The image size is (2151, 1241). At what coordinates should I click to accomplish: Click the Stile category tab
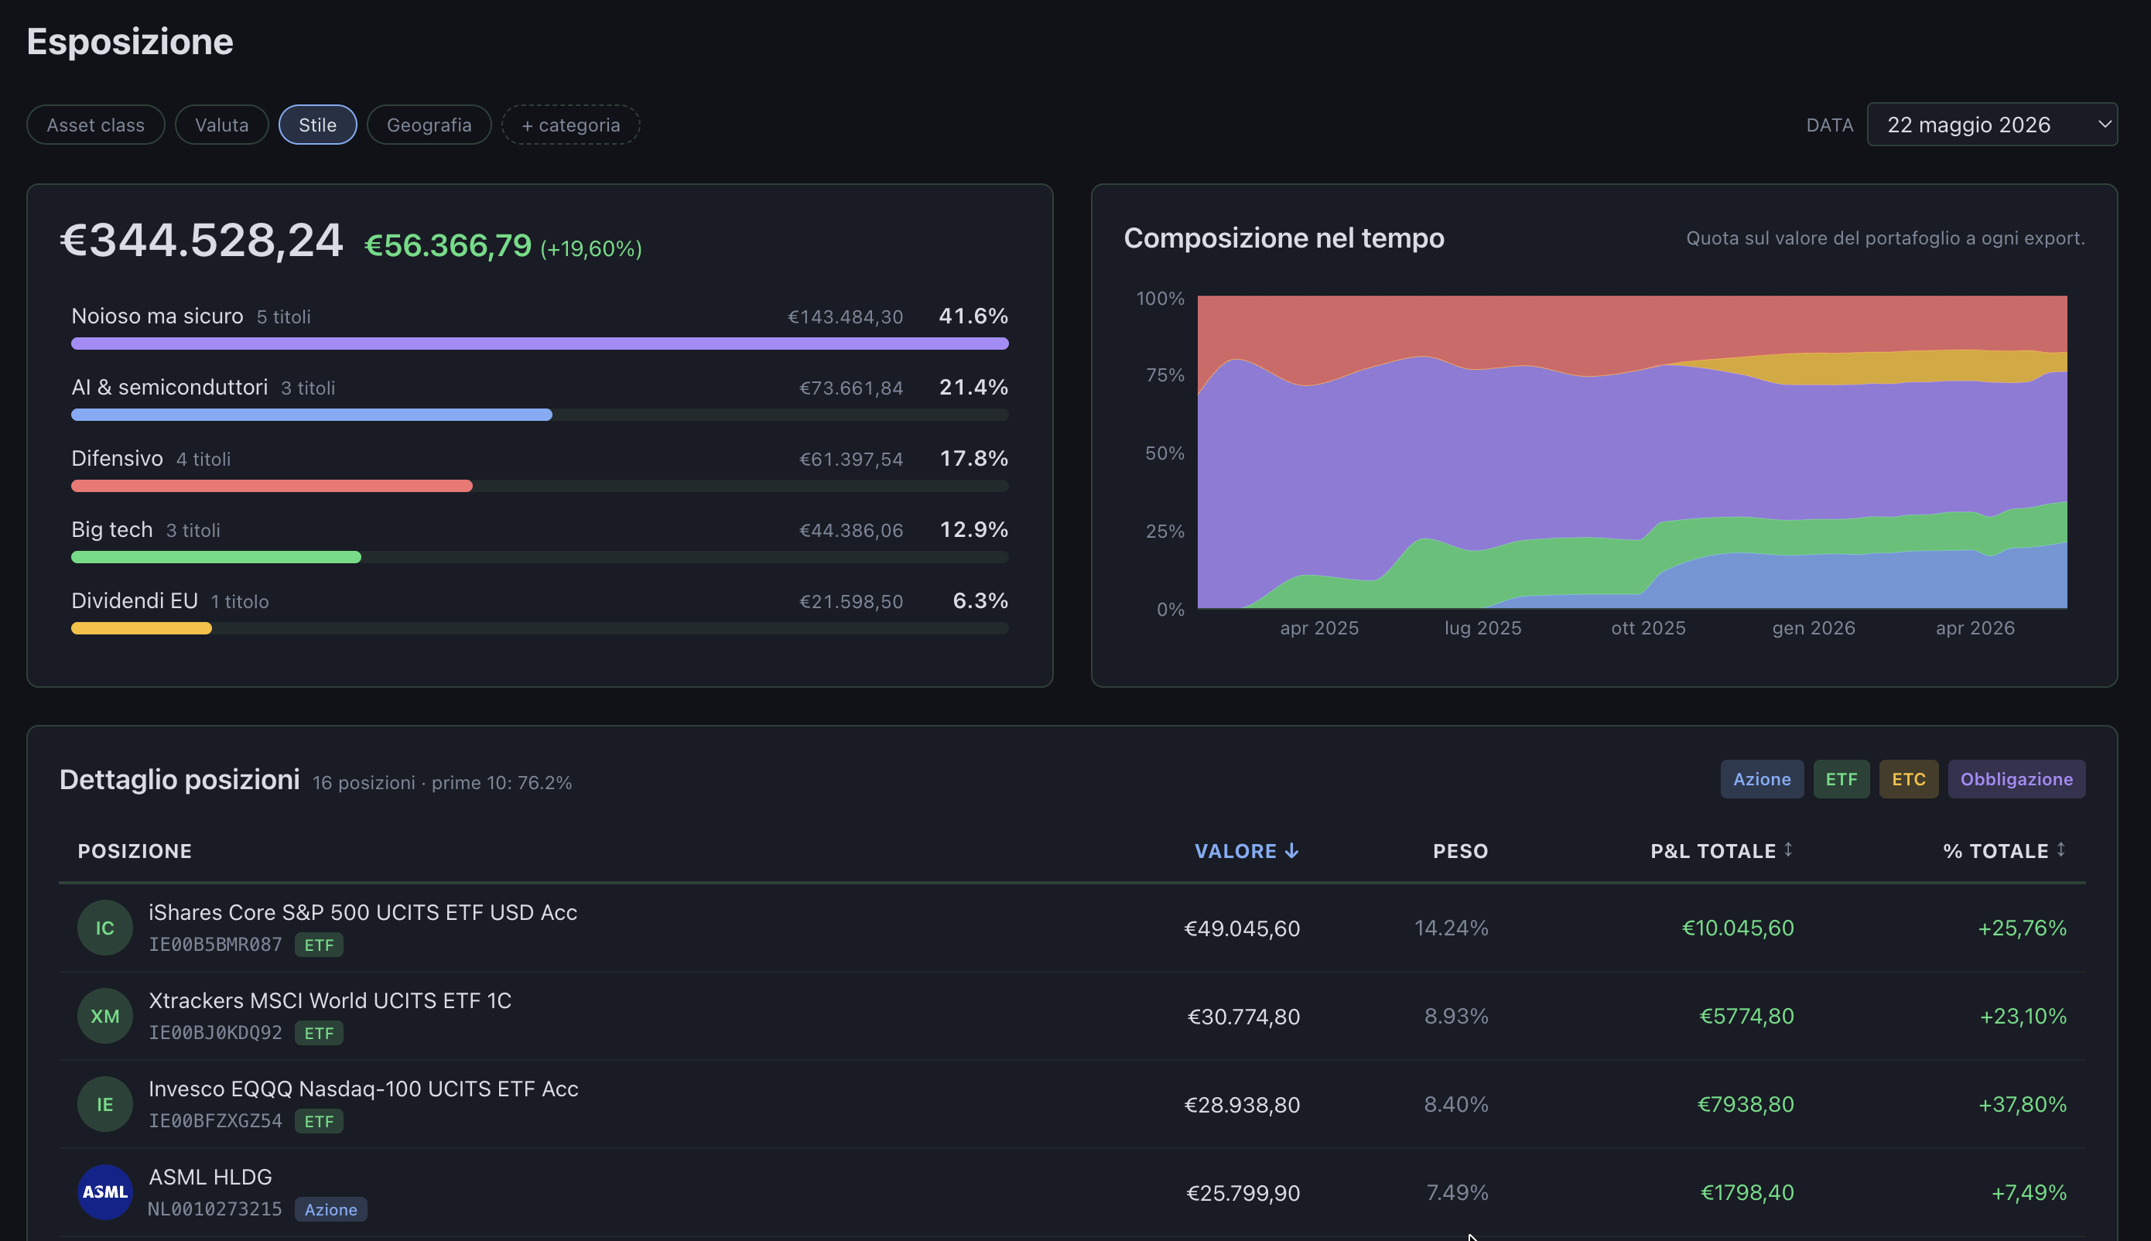coord(317,125)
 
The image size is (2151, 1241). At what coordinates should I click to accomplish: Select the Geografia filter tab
coord(429,125)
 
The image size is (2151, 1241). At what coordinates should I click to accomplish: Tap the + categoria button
coord(570,125)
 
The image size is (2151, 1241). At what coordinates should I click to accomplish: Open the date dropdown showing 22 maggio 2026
coord(1992,125)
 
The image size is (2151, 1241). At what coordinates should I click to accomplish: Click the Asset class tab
coord(95,125)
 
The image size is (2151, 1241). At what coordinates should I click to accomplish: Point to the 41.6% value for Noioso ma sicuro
coord(973,316)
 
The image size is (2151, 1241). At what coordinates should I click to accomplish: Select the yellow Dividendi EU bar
coord(142,629)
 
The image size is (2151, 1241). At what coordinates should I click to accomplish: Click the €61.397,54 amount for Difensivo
coord(850,460)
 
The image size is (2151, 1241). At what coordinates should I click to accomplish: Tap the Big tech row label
coord(111,529)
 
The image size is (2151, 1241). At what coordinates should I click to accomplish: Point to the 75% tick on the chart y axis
coord(1165,375)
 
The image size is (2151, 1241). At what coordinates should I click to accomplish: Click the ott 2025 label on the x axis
coord(1648,628)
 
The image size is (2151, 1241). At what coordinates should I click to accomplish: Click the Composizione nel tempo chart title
coord(1284,238)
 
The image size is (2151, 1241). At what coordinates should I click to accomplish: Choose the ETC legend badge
coord(1908,779)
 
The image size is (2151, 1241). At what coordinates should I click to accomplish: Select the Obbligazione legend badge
coord(2016,779)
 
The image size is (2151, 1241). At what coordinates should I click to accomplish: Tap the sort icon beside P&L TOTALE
coord(1788,849)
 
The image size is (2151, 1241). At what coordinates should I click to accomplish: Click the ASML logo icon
coord(104,1192)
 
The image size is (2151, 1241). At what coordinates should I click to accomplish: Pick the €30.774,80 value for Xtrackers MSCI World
coord(1243,1016)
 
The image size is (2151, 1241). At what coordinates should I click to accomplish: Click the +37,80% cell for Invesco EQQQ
coord(2023,1105)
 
